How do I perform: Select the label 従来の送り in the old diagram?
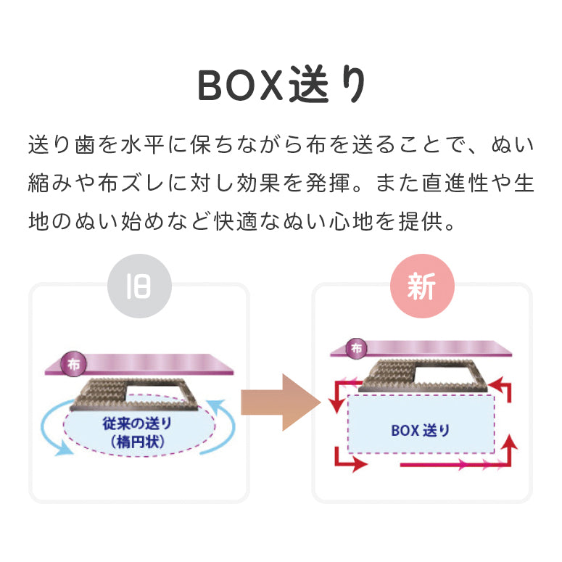click(x=138, y=423)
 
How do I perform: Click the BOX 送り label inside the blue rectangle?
click(x=421, y=430)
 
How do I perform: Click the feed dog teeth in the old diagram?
click(x=102, y=392)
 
